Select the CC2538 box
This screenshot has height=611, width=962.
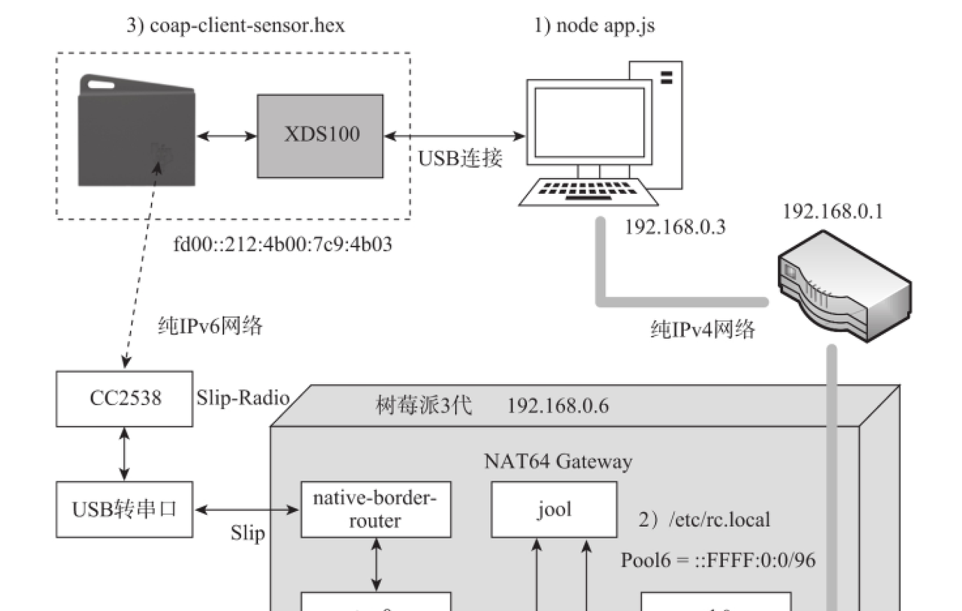124,398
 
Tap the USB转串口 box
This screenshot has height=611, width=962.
124,510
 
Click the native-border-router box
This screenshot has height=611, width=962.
376,510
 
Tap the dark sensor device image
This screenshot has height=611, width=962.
136,132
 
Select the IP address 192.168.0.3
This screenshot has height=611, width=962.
675,228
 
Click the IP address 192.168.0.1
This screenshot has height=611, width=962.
833,211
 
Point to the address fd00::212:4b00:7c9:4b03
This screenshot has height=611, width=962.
282,244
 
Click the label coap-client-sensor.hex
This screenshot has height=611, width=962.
235,26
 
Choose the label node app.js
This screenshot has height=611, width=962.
594,26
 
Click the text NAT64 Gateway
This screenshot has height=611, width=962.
557,461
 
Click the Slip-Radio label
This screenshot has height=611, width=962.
242,398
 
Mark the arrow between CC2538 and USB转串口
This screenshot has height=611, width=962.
124,453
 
